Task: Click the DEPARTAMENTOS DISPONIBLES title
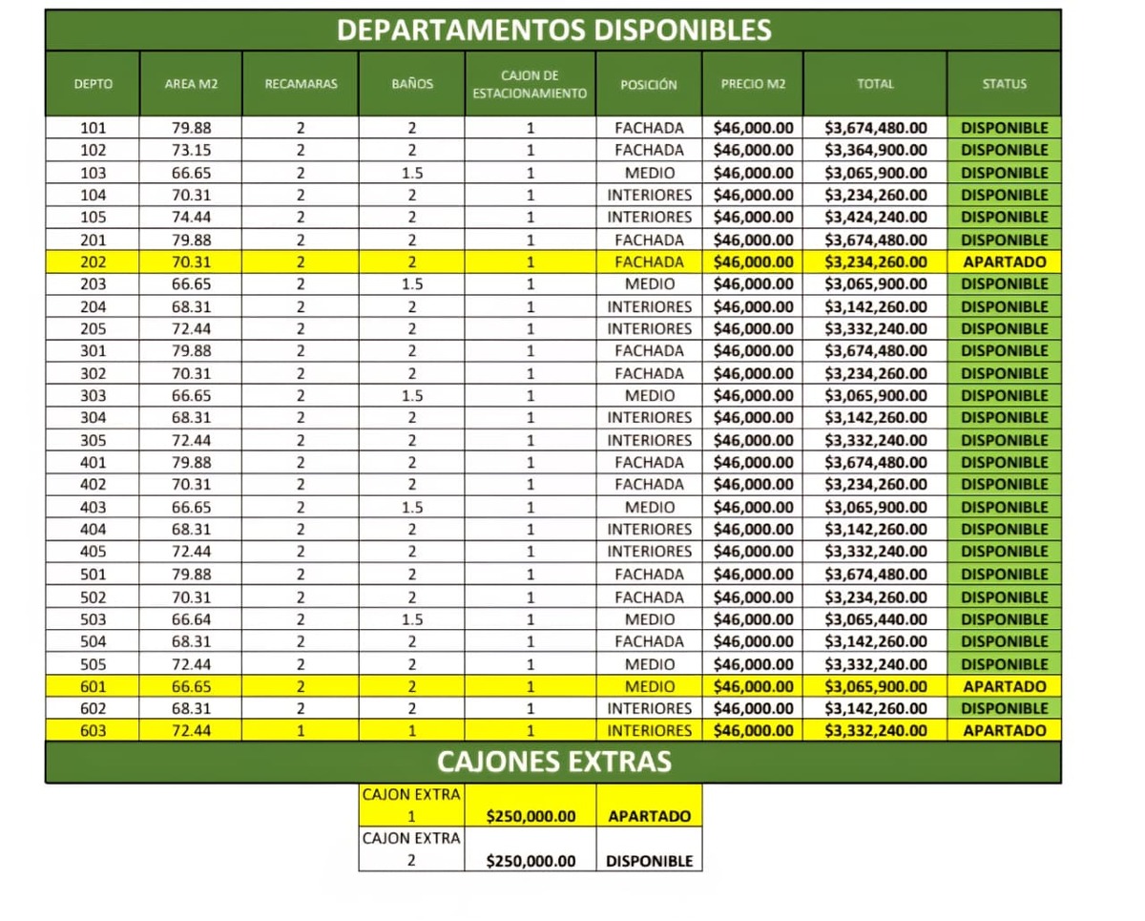(x=553, y=30)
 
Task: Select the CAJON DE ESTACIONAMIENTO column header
(x=530, y=84)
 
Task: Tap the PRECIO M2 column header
(x=753, y=84)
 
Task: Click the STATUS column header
(x=1004, y=84)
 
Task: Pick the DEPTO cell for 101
(x=94, y=128)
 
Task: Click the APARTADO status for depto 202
(x=1004, y=262)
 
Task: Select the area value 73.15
(x=191, y=150)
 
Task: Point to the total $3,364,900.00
(x=875, y=150)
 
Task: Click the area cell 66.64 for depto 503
(x=191, y=619)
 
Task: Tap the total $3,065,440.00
(x=875, y=619)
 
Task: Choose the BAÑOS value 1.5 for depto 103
(x=412, y=173)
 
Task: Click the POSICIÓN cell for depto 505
(x=649, y=664)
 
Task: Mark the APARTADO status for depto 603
(x=1004, y=731)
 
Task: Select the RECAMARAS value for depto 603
(x=301, y=731)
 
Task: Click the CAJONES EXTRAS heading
(x=553, y=762)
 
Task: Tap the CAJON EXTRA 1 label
(x=411, y=806)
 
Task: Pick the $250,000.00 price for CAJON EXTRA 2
(x=531, y=861)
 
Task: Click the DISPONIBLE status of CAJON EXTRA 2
(x=649, y=861)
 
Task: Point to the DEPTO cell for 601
(x=94, y=686)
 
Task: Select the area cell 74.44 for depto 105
(x=191, y=217)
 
